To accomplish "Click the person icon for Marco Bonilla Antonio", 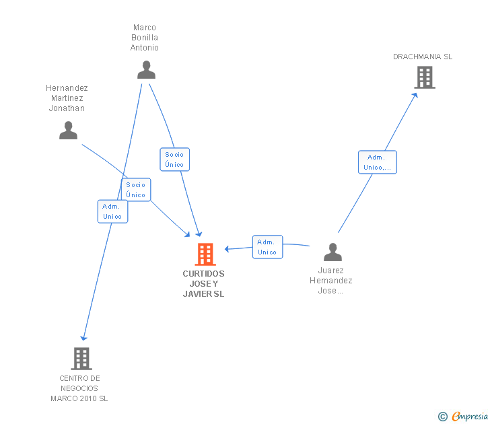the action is pos(146,70).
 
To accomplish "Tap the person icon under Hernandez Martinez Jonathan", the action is pos(68,131).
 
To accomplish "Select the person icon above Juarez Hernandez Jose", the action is pos(332,252).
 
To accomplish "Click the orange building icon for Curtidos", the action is pos(205,254).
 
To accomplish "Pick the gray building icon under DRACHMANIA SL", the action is pos(425,77).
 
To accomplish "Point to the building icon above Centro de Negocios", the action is pos(81,359).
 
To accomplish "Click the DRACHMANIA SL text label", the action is pos(423,57).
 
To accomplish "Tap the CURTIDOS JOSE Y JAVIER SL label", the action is pos(203,284).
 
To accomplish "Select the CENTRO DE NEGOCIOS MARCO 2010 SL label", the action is pos(79,388).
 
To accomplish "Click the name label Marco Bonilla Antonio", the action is pos(144,38).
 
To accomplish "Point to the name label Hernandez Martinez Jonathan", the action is pos(67,98).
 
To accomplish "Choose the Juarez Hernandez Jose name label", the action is pos(331,281).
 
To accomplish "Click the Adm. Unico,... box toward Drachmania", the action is pos(378,162).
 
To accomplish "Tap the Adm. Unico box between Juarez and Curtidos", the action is pos(267,247).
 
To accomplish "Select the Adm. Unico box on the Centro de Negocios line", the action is pos(112,211).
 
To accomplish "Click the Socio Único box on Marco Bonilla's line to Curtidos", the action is pos(175,160).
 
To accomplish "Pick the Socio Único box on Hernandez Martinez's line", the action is pos(136,190).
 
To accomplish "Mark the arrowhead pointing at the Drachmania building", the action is pos(415,96).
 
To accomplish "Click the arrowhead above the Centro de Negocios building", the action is pos(83,338).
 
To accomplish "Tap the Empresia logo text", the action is pos(469,416).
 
